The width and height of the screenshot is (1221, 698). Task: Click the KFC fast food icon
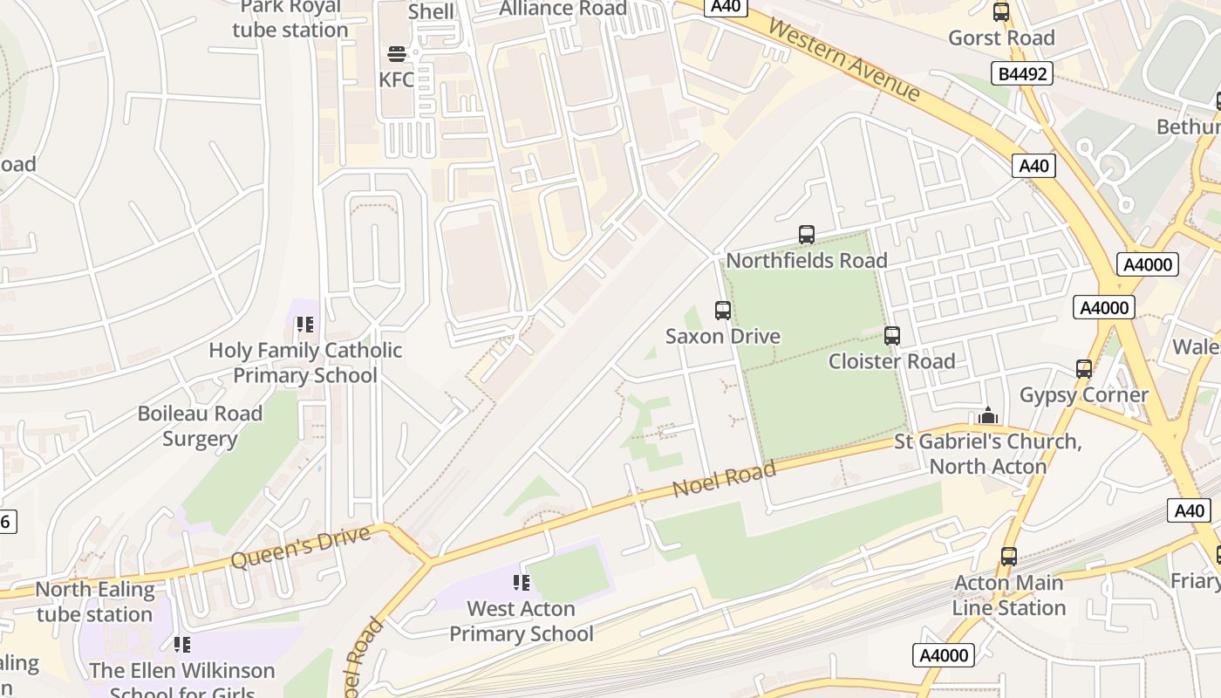tap(397, 54)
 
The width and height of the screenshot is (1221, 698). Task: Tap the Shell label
tap(431, 11)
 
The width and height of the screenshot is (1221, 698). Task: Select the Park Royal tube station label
tap(290, 18)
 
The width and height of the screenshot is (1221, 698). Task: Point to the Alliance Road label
tap(563, 9)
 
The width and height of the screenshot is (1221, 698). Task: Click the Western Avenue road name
tap(844, 60)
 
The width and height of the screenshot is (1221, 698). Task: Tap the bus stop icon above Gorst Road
tap(1001, 12)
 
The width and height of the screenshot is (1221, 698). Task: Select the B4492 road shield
tap(1021, 74)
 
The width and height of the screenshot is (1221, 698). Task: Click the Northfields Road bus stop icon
tap(807, 235)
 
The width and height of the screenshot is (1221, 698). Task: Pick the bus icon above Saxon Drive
tap(722, 311)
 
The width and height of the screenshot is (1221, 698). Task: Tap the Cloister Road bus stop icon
tap(891, 336)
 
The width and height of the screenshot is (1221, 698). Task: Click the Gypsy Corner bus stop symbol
tap(1084, 369)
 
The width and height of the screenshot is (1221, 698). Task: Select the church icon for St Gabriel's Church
tap(988, 416)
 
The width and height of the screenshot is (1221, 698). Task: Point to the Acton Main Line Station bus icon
tap(1009, 557)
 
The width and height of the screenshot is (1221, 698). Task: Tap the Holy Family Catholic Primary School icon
tap(304, 325)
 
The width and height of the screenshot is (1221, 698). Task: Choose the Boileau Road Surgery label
tap(200, 426)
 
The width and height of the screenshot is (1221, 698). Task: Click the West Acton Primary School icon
tap(522, 583)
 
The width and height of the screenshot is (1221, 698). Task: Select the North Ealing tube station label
tap(95, 602)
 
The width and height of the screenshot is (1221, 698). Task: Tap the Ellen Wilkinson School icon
tap(181, 645)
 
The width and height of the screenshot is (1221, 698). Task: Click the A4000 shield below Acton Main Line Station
tap(944, 655)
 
